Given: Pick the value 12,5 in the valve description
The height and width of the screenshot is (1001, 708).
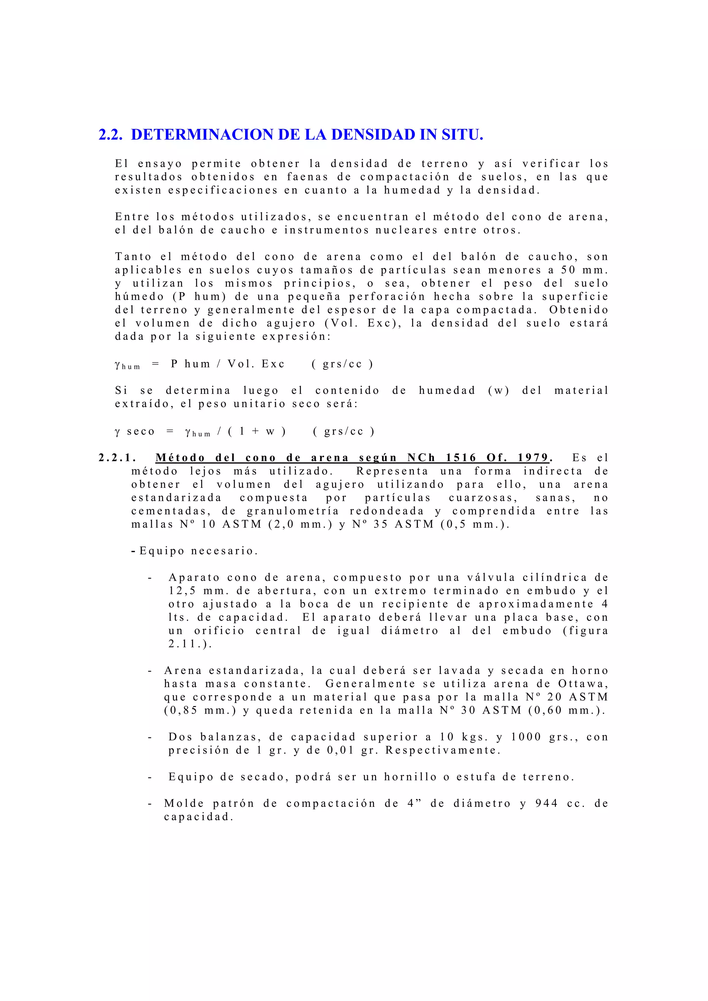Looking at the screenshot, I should [x=181, y=591].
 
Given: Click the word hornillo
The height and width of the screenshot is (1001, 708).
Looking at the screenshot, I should [x=410, y=777].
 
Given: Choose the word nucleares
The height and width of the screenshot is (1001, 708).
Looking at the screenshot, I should [x=407, y=230].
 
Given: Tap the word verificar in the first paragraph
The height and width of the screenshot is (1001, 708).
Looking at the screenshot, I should [x=551, y=164].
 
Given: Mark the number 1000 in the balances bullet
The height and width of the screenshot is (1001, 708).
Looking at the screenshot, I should [x=526, y=737].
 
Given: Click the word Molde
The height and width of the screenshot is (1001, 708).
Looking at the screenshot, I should [x=184, y=803].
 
